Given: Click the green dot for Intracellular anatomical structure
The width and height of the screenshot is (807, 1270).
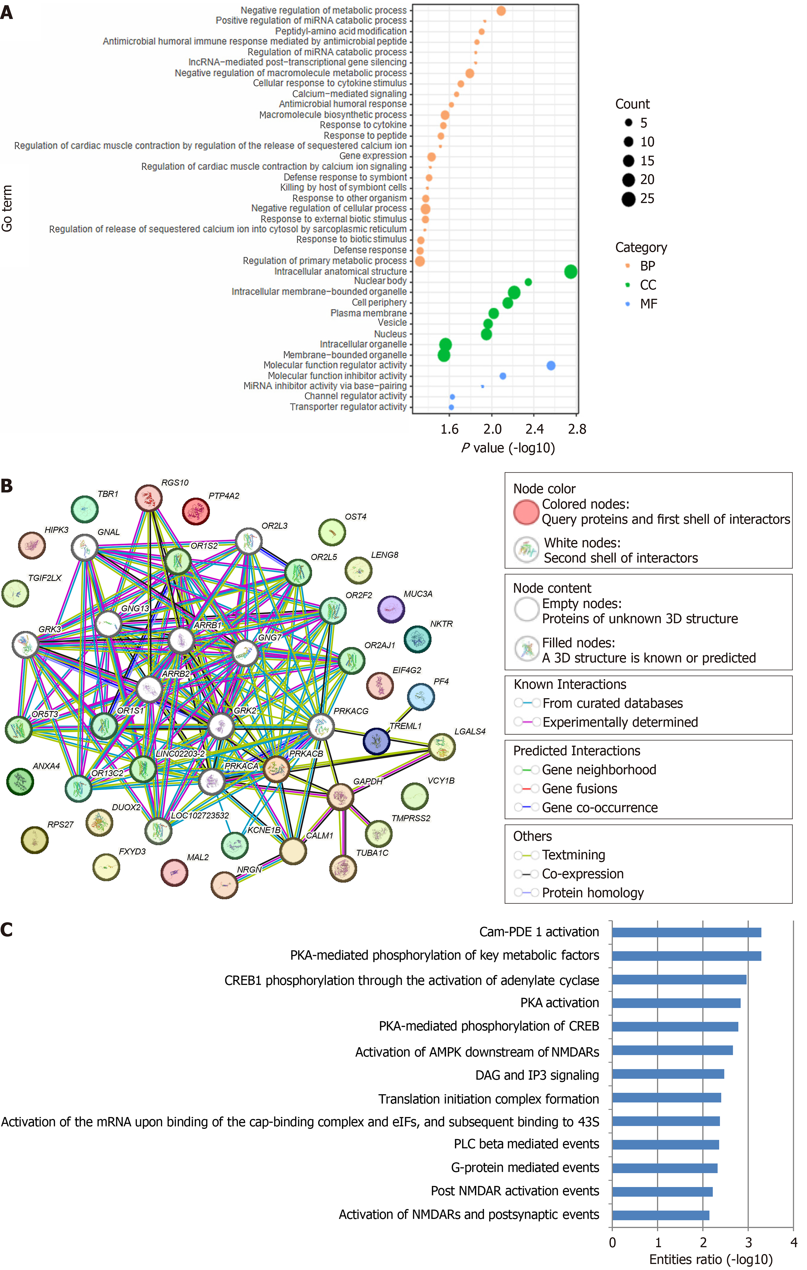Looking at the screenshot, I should pyautogui.click(x=570, y=272).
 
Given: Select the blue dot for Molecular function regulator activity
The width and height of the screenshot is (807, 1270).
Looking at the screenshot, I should pyautogui.click(x=551, y=365).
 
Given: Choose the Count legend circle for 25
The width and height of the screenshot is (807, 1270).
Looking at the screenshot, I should pyautogui.click(x=628, y=199).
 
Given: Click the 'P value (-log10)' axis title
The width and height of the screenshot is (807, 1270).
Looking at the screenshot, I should pyautogui.click(x=508, y=448).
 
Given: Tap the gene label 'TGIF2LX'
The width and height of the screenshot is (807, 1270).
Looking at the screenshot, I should pyautogui.click(x=45, y=578).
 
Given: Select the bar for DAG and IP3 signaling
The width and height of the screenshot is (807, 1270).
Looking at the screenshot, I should pyautogui.click(x=668, y=1074).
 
